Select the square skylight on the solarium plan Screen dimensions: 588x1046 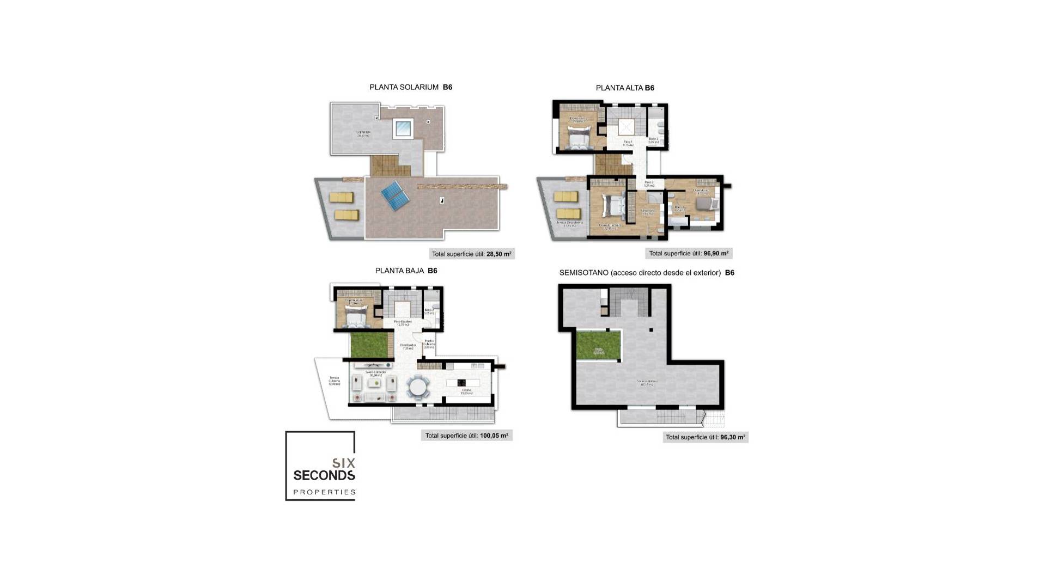pos(403,128)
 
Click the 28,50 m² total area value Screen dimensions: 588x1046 pos(498,254)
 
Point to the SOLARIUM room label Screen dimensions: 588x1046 pos(363,133)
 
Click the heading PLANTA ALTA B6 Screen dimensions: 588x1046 pos(624,88)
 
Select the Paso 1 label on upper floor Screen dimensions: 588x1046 pos(628,143)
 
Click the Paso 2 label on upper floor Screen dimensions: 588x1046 pos(649,183)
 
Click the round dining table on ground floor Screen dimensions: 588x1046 pos(418,388)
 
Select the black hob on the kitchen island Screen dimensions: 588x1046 pos(462,383)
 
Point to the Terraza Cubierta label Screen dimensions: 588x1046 pos(334,380)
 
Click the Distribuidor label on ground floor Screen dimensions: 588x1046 pos(408,346)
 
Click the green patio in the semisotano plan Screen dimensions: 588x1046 pos(599,345)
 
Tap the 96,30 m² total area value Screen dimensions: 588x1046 pos(732,437)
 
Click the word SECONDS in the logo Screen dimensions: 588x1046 pos(324,475)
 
